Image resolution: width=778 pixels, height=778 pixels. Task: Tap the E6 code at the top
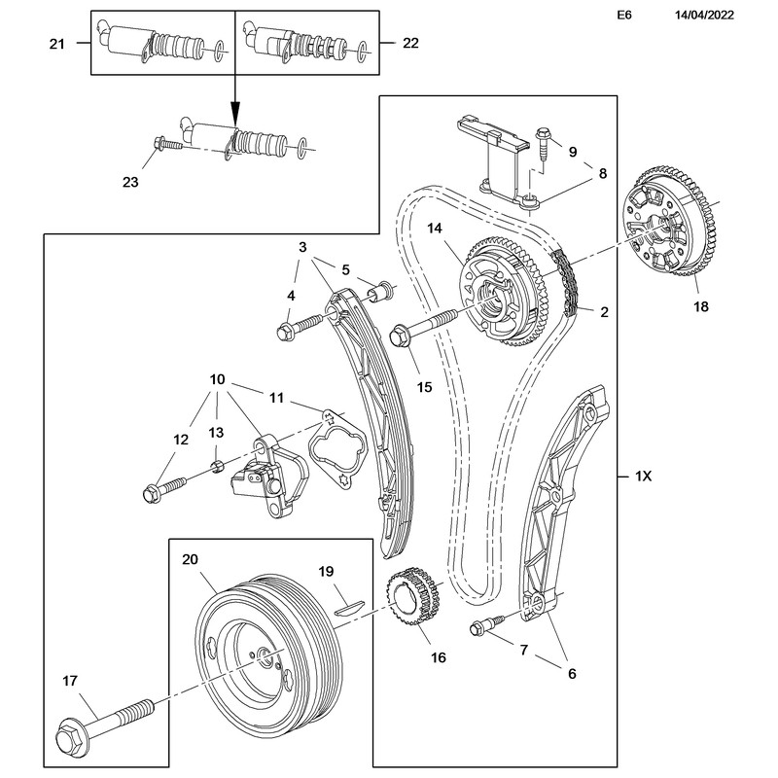(625, 17)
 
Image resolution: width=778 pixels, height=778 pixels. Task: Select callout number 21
(56, 43)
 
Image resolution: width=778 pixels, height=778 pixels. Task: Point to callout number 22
(412, 43)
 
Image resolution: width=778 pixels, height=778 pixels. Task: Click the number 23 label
(130, 182)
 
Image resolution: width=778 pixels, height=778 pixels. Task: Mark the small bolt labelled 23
(168, 144)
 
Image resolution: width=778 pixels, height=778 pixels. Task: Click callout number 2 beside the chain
(604, 312)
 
